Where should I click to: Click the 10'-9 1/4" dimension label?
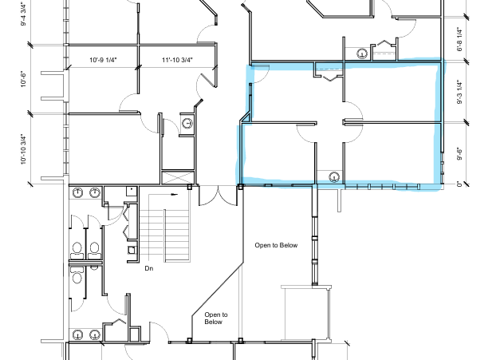click(x=103, y=60)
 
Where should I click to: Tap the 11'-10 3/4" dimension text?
click(x=177, y=60)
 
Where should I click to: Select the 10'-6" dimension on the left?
click(x=23, y=79)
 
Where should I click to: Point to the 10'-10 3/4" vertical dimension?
click(x=23, y=149)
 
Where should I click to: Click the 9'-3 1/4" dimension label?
click(x=459, y=92)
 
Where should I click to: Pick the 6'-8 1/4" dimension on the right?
click(x=459, y=40)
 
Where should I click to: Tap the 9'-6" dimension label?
click(x=459, y=153)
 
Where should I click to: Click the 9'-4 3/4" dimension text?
click(x=23, y=14)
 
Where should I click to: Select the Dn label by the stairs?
click(x=149, y=268)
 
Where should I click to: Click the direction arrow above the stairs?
click(x=175, y=194)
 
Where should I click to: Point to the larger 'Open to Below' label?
click(x=276, y=245)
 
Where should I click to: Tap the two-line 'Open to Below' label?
click(x=216, y=318)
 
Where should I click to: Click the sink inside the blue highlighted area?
click(x=334, y=176)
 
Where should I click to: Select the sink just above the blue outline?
click(x=362, y=53)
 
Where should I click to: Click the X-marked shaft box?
click(x=178, y=177)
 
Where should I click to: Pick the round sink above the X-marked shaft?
click(x=187, y=123)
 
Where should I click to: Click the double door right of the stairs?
click(x=219, y=196)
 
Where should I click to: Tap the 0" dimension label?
click(x=459, y=184)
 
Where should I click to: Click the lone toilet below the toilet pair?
click(x=77, y=275)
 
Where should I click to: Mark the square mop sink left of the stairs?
click(x=132, y=250)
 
